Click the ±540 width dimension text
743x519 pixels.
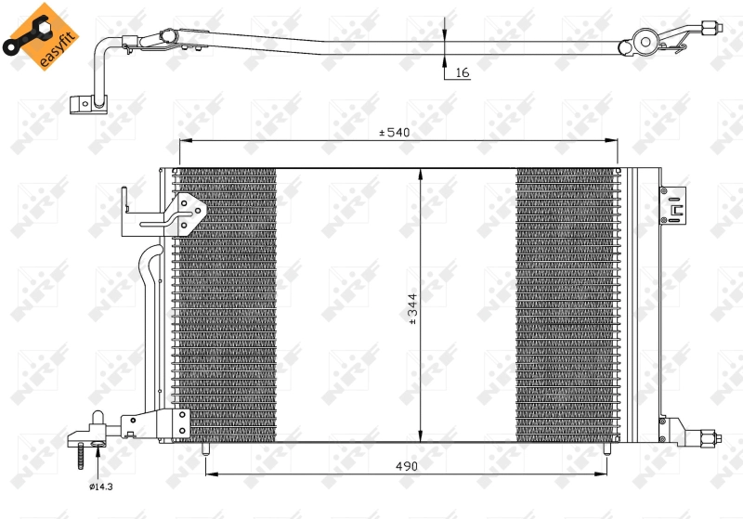tap(394, 133)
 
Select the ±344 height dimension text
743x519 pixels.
tap(412, 309)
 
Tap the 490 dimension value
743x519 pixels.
tap(406, 465)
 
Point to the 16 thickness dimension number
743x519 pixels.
tap(463, 72)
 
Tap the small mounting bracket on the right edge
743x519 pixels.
tap(670, 205)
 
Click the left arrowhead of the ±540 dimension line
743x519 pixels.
tap(183, 141)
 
